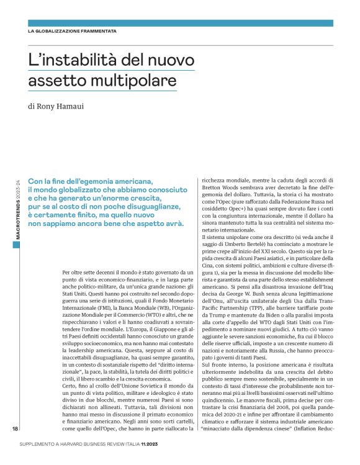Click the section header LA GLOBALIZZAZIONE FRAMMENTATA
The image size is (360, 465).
(72, 31)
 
